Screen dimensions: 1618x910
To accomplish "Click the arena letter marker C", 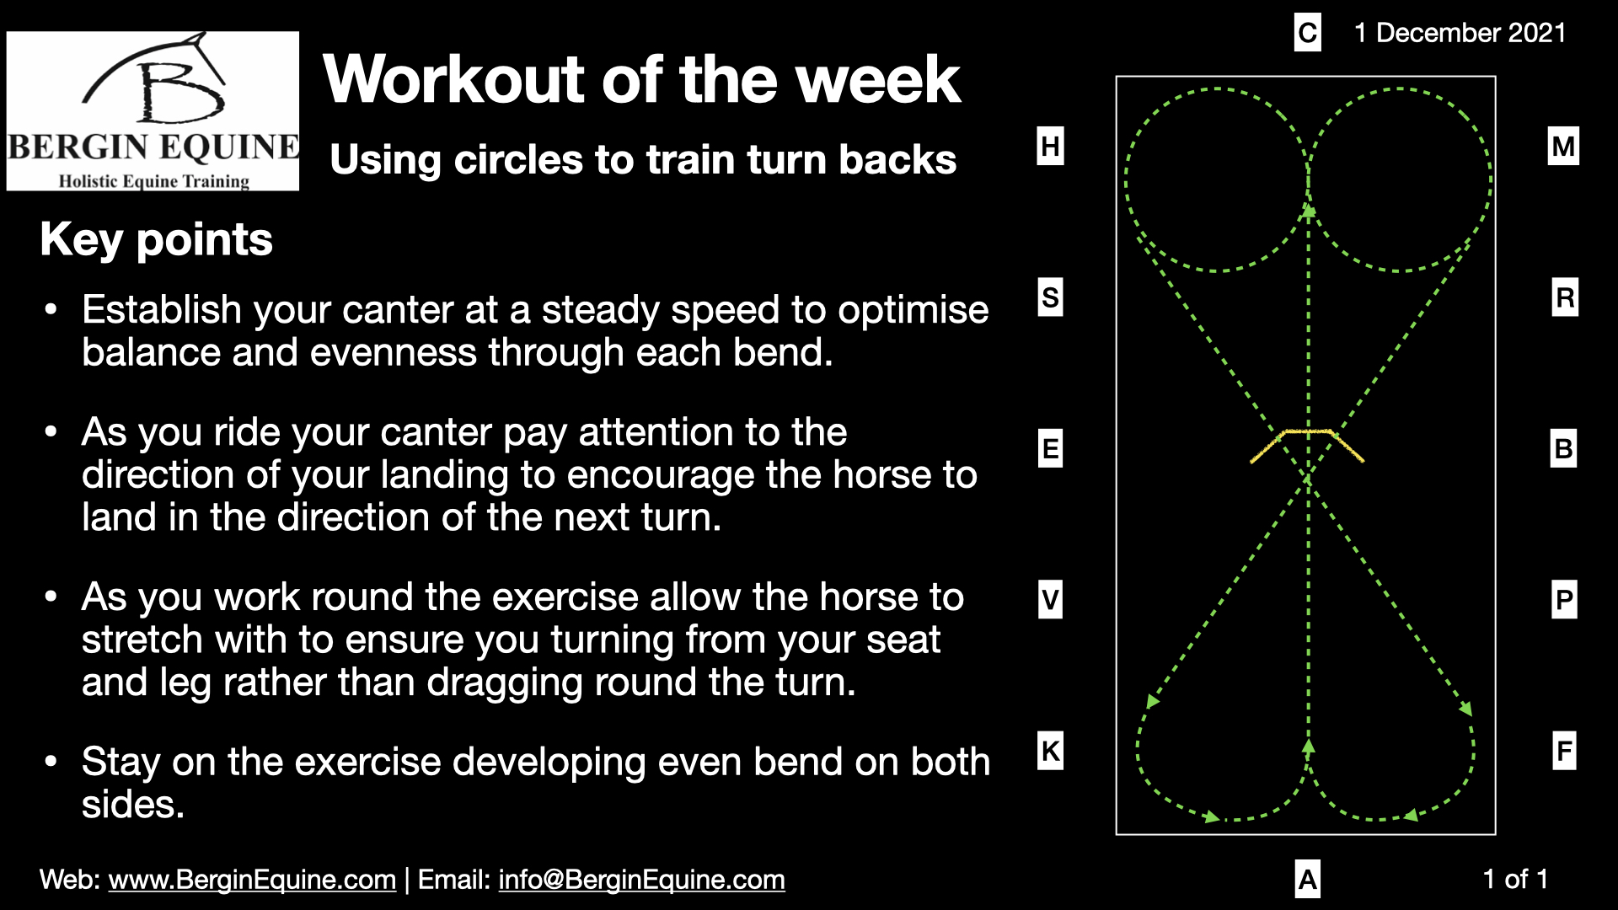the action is click(1307, 33).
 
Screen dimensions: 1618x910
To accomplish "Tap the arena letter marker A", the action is click(1307, 880).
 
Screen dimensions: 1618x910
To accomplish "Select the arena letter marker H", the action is click(1050, 146).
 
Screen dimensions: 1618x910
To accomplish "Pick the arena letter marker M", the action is click(1563, 147).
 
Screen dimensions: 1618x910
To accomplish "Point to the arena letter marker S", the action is click(1050, 297).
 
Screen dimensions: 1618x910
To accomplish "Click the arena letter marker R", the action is click(1564, 297).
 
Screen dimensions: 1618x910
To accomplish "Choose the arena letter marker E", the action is click(1050, 448).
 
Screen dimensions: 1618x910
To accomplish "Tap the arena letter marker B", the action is click(1563, 448).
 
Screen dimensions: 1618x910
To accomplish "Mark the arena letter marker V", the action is click(1050, 599).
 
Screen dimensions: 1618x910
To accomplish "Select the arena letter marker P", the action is click(1564, 599).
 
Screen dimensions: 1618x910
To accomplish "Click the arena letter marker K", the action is click(1050, 750).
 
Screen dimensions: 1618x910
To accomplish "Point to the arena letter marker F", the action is click(1564, 750).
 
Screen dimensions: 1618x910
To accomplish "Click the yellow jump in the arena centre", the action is click(1307, 432).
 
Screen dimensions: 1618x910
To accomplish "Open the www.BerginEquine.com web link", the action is click(252, 880).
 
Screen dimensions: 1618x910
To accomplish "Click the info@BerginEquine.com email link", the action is click(641, 880).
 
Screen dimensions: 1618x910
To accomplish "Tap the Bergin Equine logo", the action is click(153, 111).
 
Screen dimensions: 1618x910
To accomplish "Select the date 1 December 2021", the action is click(1460, 33).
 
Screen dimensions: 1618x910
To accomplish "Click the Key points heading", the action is click(156, 239).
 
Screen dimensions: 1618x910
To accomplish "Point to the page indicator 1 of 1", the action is click(1515, 880).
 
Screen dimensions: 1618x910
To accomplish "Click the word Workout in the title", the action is click(454, 79).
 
